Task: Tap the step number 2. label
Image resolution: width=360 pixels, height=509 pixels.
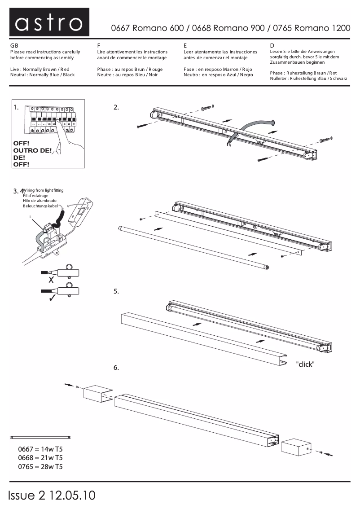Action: click(x=116, y=107)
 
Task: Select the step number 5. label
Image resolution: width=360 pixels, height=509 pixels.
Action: click(x=116, y=291)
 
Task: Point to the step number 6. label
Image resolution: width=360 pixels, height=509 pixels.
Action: click(x=116, y=368)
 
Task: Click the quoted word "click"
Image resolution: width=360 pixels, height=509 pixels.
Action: click(x=305, y=364)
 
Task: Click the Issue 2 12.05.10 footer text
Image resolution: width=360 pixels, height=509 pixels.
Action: click(x=52, y=495)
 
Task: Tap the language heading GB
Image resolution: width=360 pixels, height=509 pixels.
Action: click(x=14, y=46)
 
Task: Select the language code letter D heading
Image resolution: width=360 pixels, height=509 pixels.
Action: click(x=272, y=46)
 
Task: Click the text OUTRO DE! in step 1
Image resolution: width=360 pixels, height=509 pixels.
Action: click(x=32, y=150)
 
